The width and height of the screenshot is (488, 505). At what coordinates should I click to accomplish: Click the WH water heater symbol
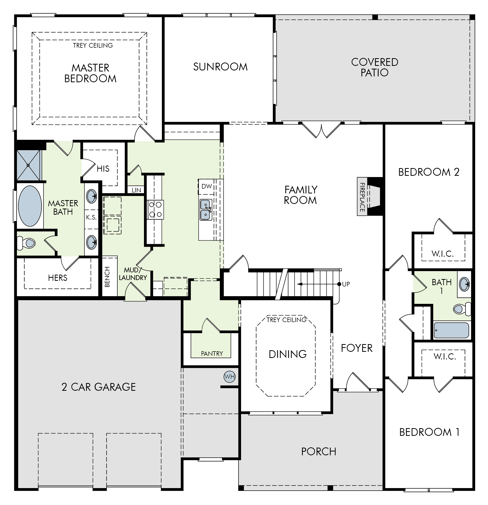[229, 377]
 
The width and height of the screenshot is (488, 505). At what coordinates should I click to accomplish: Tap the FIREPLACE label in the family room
[362, 197]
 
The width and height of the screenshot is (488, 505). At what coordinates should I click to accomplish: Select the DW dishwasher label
[207, 186]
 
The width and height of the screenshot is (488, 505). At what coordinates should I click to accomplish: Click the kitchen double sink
[206, 210]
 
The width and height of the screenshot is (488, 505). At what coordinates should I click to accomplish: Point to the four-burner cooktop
[155, 210]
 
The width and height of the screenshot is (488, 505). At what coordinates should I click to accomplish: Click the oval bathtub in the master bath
[30, 206]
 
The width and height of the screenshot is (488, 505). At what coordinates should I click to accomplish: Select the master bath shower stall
[29, 165]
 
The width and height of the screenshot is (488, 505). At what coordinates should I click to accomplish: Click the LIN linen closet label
[136, 190]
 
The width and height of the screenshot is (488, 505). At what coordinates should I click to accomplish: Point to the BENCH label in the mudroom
[107, 277]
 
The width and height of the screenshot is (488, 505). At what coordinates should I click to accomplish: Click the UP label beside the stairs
[346, 284]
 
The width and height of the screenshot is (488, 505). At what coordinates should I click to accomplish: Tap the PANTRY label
[212, 354]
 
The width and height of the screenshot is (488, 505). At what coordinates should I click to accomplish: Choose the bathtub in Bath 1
[451, 330]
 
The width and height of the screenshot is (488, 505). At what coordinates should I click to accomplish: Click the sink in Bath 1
[464, 284]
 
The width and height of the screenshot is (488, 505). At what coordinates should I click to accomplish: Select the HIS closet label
[103, 169]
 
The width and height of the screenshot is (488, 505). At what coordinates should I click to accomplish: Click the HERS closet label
[58, 278]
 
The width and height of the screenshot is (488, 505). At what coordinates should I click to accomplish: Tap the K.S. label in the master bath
[91, 218]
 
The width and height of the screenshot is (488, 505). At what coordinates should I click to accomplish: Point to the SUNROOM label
[220, 67]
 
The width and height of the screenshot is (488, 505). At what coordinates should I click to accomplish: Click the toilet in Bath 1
[462, 309]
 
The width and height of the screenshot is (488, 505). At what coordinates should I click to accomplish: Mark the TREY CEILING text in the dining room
[286, 320]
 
